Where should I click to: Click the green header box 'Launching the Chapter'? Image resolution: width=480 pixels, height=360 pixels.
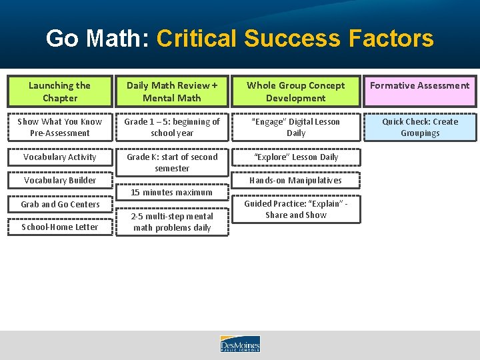(x=60, y=91)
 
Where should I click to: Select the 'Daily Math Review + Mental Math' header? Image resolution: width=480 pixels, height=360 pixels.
(x=172, y=91)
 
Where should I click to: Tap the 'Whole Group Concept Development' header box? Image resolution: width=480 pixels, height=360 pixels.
(x=295, y=91)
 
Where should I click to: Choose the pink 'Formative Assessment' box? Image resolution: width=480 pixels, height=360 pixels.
(x=420, y=91)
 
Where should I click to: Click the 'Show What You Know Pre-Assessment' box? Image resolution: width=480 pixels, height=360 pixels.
(x=60, y=127)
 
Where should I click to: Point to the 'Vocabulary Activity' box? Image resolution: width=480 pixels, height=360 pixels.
(x=60, y=157)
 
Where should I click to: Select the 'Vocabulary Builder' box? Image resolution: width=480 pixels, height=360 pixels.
(x=60, y=180)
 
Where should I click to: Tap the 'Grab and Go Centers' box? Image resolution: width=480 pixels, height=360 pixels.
(x=60, y=204)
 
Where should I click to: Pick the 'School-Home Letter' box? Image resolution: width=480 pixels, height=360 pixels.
(x=60, y=227)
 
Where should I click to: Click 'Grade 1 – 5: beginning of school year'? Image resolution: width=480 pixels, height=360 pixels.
(x=172, y=127)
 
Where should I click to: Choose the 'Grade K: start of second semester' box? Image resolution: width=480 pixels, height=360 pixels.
(x=172, y=163)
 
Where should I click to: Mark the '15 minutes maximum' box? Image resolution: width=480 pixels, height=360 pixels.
(x=172, y=192)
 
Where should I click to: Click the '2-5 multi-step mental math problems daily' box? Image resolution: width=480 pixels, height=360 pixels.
(x=172, y=222)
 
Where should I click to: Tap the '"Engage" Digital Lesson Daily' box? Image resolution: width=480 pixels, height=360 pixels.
(x=295, y=127)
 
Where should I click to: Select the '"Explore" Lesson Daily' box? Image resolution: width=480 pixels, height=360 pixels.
(x=295, y=157)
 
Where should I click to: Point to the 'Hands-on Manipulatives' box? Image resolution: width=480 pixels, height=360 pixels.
(x=295, y=180)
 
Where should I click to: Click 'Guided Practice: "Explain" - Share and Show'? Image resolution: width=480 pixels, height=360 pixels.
(x=295, y=209)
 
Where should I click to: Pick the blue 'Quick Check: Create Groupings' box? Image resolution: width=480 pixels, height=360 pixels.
(x=420, y=127)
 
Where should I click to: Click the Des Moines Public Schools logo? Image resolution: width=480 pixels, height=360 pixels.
(x=240, y=344)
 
